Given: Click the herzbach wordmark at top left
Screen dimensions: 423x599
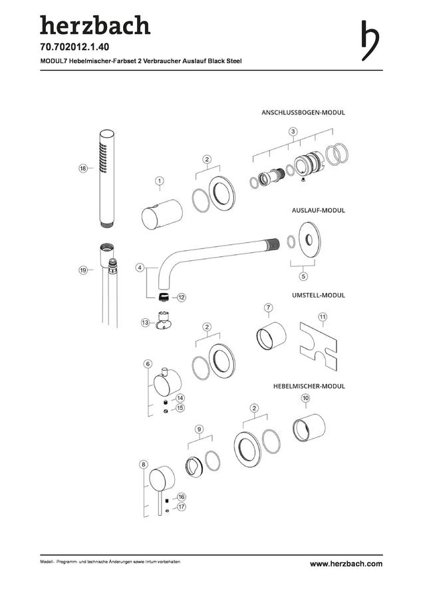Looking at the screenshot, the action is click(x=95, y=25).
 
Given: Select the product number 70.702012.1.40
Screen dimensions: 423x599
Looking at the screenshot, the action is click(x=74, y=47).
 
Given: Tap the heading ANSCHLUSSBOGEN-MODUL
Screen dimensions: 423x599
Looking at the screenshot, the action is click(x=303, y=112).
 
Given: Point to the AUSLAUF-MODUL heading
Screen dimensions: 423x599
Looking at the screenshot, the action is click(x=319, y=210).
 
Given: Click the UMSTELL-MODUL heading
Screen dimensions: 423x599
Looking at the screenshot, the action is click(x=319, y=296).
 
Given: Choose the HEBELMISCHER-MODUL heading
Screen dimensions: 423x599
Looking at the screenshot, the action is click(x=309, y=386).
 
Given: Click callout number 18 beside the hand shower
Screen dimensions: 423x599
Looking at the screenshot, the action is click(x=83, y=168).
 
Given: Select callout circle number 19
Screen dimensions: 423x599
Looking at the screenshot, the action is click(x=83, y=270).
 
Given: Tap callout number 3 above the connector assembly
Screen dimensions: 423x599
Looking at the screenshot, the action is click(x=293, y=132).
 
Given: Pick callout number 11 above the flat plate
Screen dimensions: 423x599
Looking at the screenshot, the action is click(x=323, y=317).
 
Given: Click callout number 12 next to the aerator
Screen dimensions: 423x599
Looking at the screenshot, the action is click(x=181, y=297).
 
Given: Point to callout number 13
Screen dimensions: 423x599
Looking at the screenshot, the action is click(x=145, y=323).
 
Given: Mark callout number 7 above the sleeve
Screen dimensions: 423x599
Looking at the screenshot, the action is click(x=269, y=307).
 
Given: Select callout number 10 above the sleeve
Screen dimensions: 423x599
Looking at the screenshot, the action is click(x=305, y=398).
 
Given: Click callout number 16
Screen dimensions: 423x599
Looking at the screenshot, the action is click(x=181, y=497).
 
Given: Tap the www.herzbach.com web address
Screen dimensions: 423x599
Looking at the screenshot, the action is click(x=346, y=564).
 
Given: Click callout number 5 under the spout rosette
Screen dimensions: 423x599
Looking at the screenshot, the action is click(x=303, y=276).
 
